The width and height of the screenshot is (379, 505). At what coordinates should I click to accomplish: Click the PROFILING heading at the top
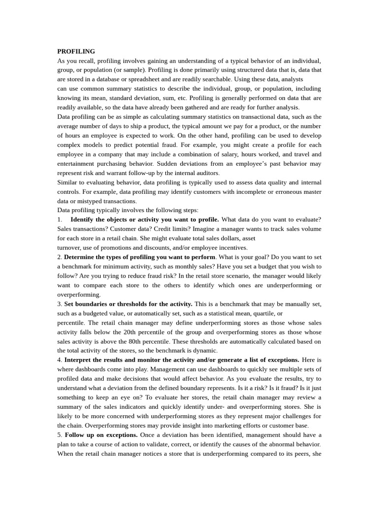click(x=76, y=51)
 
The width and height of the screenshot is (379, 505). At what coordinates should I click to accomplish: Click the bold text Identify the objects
click(x=102, y=219)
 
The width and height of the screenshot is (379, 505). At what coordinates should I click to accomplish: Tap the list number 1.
click(x=59, y=219)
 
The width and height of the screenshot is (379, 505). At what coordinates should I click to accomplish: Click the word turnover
click(x=70, y=248)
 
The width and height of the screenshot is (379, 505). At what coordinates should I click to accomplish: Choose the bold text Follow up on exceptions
click(x=101, y=435)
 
